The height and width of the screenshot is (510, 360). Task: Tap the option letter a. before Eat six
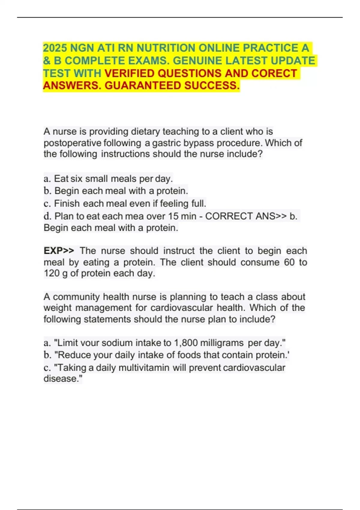(x=47, y=179)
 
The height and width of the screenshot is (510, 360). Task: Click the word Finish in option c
(x=67, y=204)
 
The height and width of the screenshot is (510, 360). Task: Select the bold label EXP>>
(x=59, y=251)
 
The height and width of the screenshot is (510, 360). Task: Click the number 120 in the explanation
(x=52, y=273)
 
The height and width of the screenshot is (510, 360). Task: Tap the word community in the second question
(x=76, y=297)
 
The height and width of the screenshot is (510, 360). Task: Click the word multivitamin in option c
(x=144, y=367)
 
